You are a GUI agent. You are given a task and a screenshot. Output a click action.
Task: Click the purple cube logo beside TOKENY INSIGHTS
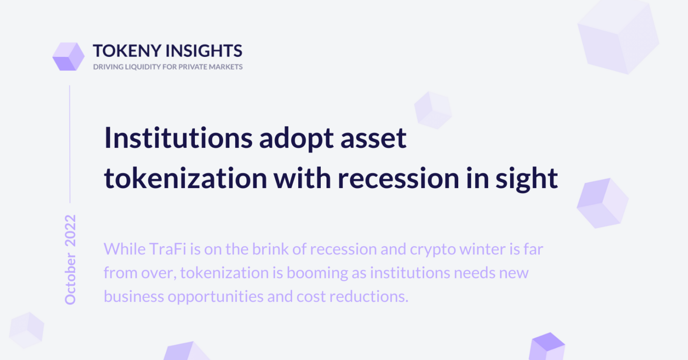(69, 56)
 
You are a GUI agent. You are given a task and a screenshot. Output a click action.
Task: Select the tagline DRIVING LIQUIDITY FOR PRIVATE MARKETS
(168, 67)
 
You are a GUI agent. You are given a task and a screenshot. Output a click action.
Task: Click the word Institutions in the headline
(178, 138)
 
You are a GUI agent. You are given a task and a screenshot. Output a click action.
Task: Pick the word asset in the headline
(374, 140)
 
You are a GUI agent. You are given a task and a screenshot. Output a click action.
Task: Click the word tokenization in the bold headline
(185, 178)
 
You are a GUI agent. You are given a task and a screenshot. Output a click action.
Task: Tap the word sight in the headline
(526, 180)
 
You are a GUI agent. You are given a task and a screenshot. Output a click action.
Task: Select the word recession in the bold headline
(398, 180)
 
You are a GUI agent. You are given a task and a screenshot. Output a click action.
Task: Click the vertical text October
(70, 279)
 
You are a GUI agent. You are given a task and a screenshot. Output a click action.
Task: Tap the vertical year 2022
(70, 231)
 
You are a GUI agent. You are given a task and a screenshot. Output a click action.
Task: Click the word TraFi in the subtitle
(168, 249)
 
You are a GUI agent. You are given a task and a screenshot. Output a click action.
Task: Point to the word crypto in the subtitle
(433, 250)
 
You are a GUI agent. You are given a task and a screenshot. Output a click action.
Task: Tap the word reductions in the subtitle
(369, 296)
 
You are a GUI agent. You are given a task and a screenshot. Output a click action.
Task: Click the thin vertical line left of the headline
(70, 144)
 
